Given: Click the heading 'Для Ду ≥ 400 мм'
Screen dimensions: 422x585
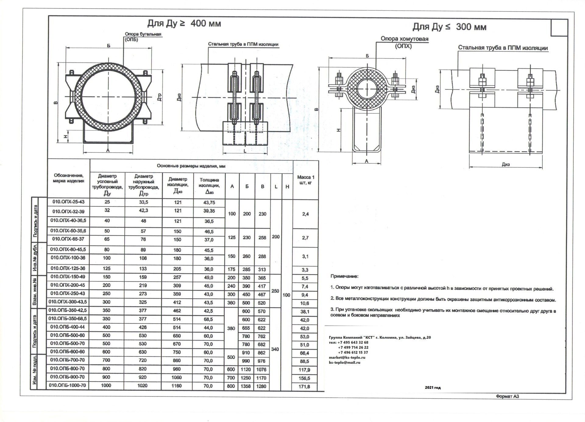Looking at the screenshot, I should click(x=184, y=23).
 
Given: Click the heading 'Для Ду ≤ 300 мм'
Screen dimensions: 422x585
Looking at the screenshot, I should click(x=449, y=27).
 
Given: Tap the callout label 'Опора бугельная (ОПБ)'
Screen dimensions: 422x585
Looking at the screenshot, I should click(x=143, y=37).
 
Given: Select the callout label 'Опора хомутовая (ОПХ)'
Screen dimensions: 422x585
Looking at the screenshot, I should click(x=404, y=42).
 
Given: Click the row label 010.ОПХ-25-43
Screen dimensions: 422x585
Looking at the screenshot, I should click(x=69, y=202).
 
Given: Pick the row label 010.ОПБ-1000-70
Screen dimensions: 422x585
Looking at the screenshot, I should click(x=68, y=385).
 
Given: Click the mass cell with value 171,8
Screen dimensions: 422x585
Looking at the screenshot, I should click(x=305, y=387).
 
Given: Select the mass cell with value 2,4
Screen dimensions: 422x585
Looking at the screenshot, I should click(x=305, y=214).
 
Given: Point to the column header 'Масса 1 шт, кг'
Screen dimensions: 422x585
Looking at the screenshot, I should click(x=306, y=180).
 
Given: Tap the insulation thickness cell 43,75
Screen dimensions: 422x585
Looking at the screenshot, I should click(x=209, y=202).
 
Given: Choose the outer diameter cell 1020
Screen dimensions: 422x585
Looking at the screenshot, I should click(x=143, y=386).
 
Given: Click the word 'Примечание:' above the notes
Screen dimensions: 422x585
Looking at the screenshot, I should click(x=344, y=276).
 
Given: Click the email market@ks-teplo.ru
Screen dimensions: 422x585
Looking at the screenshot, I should click(x=347, y=357).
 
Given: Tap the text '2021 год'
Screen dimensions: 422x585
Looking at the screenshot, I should click(x=433, y=388).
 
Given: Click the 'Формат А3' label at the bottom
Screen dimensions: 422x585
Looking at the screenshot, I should click(x=507, y=396).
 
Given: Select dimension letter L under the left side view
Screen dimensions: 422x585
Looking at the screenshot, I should click(x=245, y=151).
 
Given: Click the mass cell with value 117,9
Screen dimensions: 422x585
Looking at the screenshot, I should click(x=305, y=370).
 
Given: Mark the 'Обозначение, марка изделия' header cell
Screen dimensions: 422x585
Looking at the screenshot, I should click(x=69, y=178).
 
